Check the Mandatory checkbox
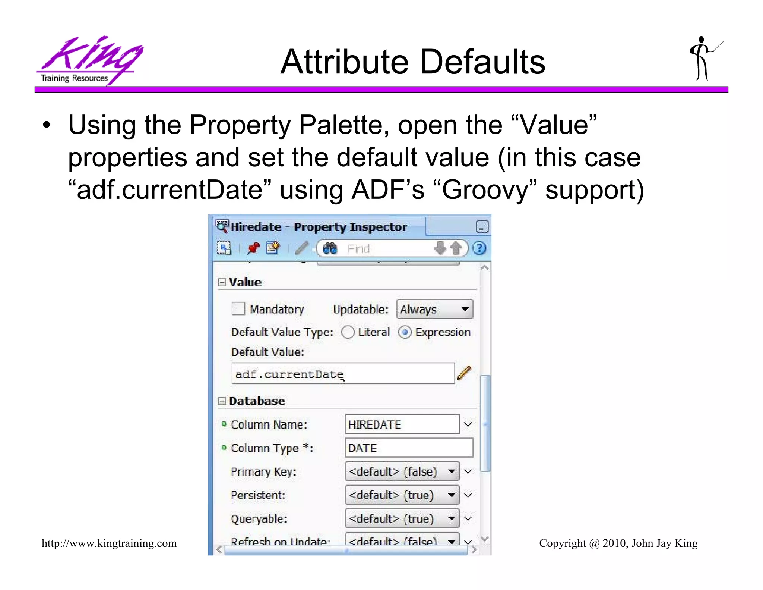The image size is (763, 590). (238, 309)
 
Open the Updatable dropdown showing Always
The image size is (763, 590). (434, 309)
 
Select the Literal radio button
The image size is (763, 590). (348, 332)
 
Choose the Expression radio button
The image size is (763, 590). (405, 332)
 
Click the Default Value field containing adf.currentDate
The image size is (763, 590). (343, 374)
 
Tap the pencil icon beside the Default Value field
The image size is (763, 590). (464, 373)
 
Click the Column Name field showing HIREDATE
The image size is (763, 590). (402, 424)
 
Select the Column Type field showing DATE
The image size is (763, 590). (408, 448)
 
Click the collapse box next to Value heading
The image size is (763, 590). (222, 282)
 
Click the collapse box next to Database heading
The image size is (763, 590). (222, 401)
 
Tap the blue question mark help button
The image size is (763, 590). (479, 248)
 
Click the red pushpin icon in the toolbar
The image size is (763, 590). (253, 248)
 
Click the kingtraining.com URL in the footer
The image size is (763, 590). (109, 543)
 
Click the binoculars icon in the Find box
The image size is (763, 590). (330, 248)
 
